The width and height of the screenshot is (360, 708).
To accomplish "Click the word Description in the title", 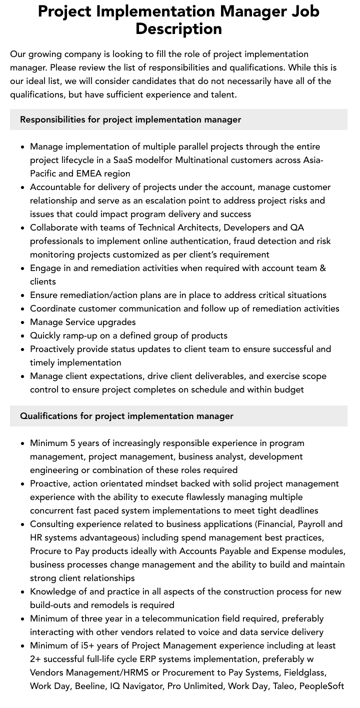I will click(x=178, y=29).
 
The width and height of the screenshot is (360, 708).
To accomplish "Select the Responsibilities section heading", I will click(x=130, y=119).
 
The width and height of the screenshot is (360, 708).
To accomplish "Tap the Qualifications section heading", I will click(x=126, y=416).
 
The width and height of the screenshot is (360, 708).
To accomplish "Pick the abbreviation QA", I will click(x=297, y=227).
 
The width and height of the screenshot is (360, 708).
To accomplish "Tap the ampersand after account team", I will click(x=322, y=268).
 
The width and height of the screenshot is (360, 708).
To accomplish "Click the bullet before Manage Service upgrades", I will click(x=22, y=322).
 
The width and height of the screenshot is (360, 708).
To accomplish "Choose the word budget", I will click(x=286, y=389).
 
